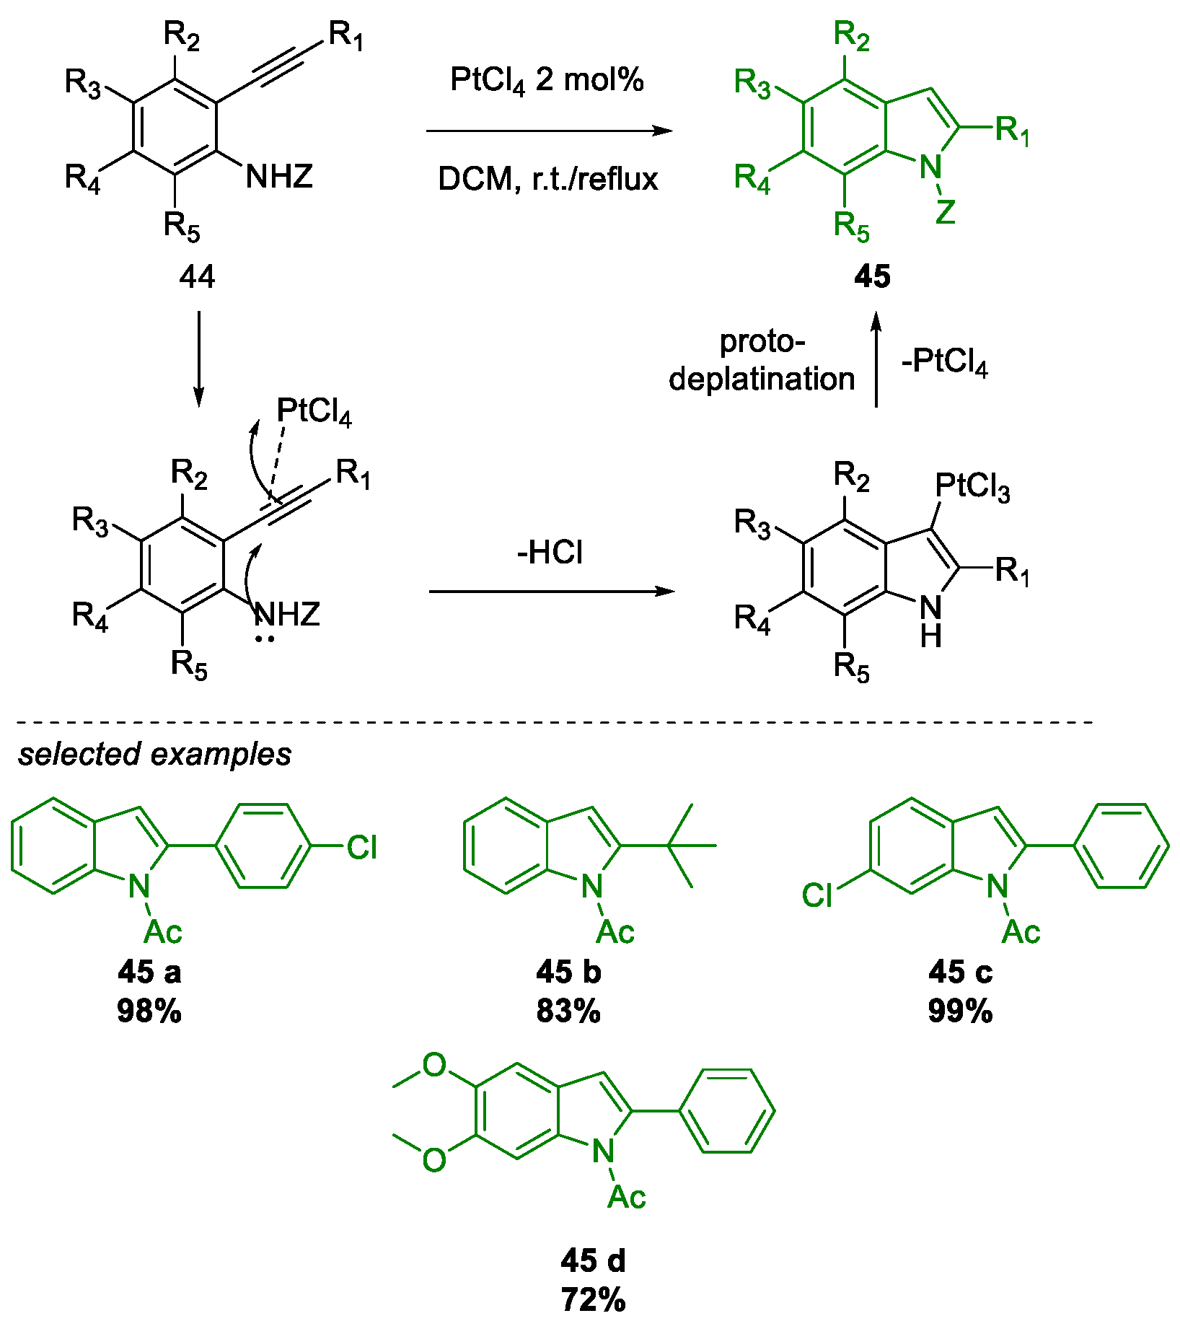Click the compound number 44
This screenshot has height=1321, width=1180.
(x=196, y=276)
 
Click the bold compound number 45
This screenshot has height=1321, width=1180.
(x=872, y=276)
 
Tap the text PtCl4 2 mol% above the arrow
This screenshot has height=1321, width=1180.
(x=546, y=80)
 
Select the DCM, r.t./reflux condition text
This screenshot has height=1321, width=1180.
(x=547, y=178)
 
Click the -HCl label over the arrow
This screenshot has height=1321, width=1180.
(x=550, y=553)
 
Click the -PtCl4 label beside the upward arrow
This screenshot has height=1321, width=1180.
(x=944, y=361)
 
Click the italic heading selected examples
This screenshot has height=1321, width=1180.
(x=154, y=754)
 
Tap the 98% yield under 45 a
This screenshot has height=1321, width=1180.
(x=149, y=1011)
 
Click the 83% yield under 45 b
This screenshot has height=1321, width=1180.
(x=568, y=1011)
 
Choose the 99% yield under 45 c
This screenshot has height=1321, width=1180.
(x=960, y=1011)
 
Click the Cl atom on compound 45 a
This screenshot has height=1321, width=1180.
(x=361, y=848)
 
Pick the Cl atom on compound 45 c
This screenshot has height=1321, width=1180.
(x=817, y=896)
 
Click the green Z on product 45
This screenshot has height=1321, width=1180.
(x=945, y=212)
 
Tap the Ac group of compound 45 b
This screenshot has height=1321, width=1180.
(x=615, y=932)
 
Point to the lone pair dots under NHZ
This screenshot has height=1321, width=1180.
(x=265, y=638)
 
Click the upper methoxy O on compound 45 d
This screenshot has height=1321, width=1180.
(x=434, y=1065)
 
